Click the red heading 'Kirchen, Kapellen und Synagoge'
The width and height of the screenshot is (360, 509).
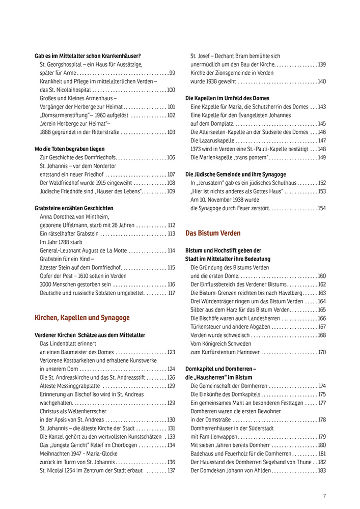click(x=82, y=318)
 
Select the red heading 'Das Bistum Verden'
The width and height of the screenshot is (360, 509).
click(x=213, y=233)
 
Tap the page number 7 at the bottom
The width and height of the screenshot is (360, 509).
click(x=324, y=496)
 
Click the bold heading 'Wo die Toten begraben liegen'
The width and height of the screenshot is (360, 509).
click(x=69, y=149)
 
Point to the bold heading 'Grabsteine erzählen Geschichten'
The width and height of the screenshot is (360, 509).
click(x=74, y=208)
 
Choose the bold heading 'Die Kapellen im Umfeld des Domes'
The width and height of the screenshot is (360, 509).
click(x=227, y=98)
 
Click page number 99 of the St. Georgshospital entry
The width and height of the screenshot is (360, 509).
click(x=172, y=73)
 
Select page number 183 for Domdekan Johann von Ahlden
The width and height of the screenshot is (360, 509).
click(x=321, y=470)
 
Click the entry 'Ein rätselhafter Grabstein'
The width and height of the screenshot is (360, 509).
click(x=69, y=234)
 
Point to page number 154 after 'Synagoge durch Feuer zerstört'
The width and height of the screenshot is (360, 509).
click(x=321, y=208)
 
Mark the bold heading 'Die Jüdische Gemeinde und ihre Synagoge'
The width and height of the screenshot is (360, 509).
click(x=235, y=174)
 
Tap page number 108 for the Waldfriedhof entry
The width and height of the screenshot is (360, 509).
click(x=171, y=183)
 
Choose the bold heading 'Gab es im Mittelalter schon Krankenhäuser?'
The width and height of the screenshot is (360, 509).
click(x=88, y=56)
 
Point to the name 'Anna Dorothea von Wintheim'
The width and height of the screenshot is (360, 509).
click(x=74, y=217)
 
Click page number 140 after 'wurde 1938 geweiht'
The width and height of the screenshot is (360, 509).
click(x=321, y=81)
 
